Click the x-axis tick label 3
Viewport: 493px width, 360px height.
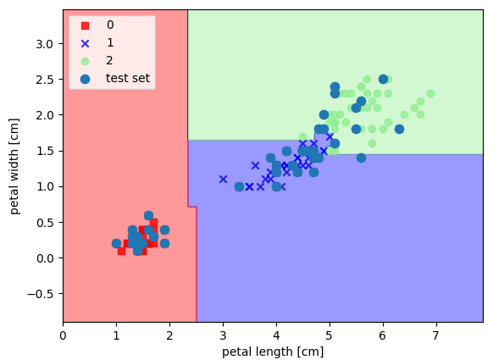223,335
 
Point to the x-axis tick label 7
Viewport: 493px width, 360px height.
435,335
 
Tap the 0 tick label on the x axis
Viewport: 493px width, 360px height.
64,335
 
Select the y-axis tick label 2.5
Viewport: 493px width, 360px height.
45,80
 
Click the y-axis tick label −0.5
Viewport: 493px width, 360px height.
41,294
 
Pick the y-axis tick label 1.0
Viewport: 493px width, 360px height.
45,186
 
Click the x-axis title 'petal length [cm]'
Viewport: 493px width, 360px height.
273,352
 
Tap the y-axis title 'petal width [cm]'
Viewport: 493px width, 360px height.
14,166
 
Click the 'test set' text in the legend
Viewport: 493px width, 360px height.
128,78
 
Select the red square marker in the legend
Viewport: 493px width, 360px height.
86,25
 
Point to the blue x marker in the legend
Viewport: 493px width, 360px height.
86,43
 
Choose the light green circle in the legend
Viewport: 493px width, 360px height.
86,61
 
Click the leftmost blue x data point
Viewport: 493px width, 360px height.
223,180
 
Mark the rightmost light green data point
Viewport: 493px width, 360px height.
431,93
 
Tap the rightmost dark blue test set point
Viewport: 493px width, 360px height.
399,129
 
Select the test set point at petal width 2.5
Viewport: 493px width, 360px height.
383,80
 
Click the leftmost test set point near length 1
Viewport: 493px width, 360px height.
117,243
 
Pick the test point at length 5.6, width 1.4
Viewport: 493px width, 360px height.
361,158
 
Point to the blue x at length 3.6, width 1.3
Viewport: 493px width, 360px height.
255,165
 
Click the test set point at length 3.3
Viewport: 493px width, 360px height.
239,186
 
